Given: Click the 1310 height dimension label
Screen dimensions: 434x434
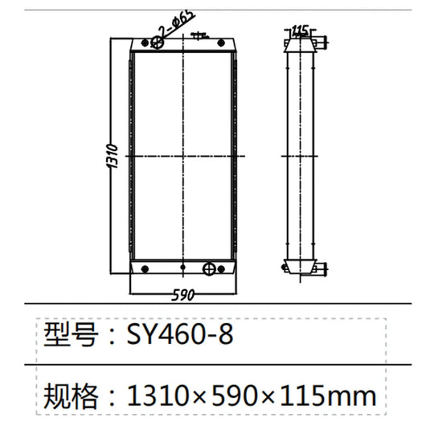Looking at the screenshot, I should click(x=113, y=158).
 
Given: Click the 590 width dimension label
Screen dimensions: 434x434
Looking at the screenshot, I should click(x=184, y=295).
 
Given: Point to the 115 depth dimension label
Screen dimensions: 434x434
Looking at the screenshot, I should click(x=301, y=31).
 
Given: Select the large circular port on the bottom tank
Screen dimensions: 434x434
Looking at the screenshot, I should click(x=210, y=268).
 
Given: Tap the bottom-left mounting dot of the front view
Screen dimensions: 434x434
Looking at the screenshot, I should click(x=143, y=268).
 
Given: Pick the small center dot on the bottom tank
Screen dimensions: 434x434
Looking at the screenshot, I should click(x=184, y=268).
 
